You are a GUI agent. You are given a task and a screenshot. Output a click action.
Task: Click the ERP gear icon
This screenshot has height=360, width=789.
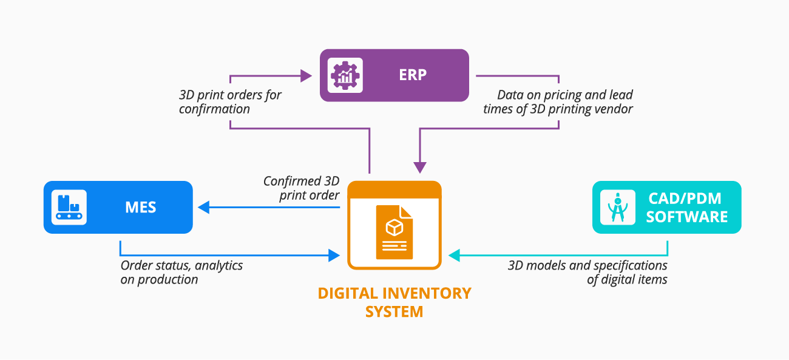(x=345, y=75)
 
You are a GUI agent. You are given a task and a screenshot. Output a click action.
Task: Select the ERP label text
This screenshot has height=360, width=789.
(x=413, y=75)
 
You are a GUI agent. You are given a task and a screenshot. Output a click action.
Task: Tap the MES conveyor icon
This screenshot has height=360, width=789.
(x=69, y=208)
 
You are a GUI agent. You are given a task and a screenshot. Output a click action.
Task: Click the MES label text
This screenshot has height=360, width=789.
(x=140, y=208)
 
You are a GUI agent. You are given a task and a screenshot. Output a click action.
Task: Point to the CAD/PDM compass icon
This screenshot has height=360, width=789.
(x=617, y=208)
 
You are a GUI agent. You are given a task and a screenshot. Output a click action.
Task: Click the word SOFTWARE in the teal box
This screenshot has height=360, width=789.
(x=686, y=217)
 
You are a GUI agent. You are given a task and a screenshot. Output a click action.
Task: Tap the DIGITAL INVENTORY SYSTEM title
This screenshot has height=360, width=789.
(x=394, y=302)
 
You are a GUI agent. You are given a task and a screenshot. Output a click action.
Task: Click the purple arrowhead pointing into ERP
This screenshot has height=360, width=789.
(x=306, y=76)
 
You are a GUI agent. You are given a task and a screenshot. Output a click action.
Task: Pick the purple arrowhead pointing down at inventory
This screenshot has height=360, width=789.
(x=420, y=168)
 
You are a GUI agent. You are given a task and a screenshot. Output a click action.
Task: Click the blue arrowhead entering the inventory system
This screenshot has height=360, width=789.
(x=333, y=256)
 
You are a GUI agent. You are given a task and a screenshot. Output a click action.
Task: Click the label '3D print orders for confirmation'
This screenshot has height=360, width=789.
(x=230, y=102)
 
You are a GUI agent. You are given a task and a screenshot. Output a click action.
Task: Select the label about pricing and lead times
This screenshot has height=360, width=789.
(x=558, y=102)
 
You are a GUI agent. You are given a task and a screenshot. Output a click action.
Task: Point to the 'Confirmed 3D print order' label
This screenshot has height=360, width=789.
(x=301, y=188)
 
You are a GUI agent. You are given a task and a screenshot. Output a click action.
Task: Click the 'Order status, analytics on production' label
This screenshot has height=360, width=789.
(x=181, y=273)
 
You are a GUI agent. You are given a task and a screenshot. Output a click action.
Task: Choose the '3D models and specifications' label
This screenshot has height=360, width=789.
(x=588, y=273)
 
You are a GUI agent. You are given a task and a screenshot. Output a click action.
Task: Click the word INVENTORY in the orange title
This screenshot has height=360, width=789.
(x=422, y=293)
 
